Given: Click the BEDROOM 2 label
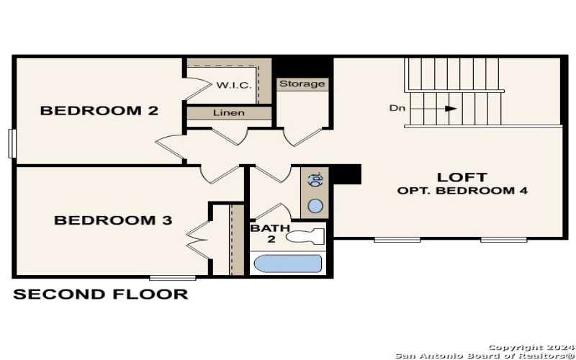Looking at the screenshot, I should pyautogui.click(x=99, y=111).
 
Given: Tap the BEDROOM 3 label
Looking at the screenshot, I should pyautogui.click(x=113, y=220).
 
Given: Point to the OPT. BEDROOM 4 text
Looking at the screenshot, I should pyautogui.click(x=462, y=192).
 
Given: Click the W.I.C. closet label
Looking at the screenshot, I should pyautogui.click(x=234, y=86).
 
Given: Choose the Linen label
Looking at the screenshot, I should pyautogui.click(x=229, y=113).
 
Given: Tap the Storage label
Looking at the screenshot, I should pyautogui.click(x=302, y=84).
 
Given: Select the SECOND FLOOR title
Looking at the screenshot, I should pyautogui.click(x=101, y=294).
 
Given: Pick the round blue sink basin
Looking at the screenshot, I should pyautogui.click(x=315, y=206).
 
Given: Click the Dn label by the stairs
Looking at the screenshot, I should pyautogui.click(x=397, y=109).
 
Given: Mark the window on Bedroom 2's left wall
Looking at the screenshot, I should pyautogui.click(x=12, y=143).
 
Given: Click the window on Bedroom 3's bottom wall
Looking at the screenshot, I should pyautogui.click(x=172, y=277).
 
